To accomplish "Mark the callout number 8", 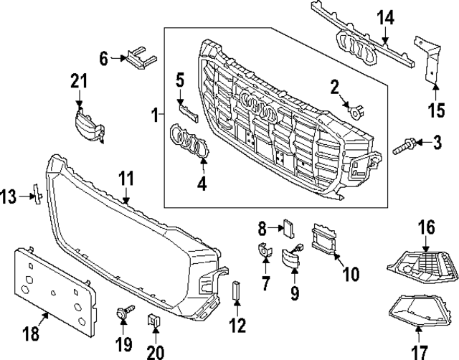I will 262,229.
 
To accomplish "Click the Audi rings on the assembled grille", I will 258,111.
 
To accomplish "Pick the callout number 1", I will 154,113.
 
